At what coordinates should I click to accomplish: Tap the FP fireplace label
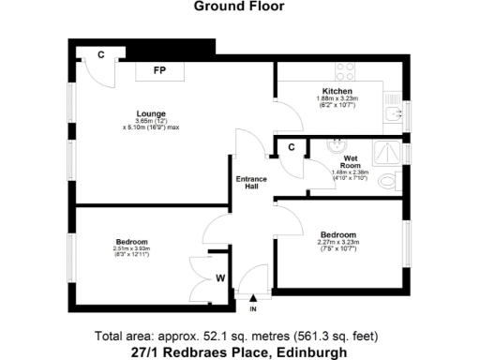click(160, 70)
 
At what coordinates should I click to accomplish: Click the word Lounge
click(150, 114)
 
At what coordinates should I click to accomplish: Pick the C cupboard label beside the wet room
click(292, 147)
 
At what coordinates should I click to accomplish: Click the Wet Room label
click(354, 162)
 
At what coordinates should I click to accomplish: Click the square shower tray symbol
click(384, 150)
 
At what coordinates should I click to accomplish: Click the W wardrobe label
click(219, 277)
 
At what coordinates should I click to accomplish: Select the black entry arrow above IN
click(252, 296)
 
